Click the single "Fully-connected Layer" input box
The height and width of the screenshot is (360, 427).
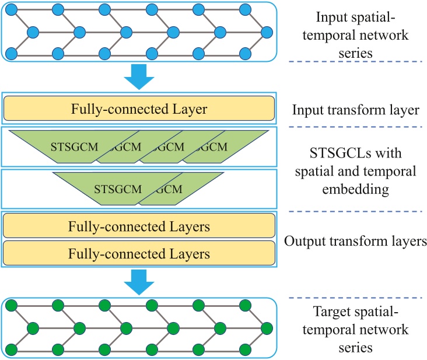[x=139, y=109]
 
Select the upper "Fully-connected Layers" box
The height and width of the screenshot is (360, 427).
[x=139, y=225]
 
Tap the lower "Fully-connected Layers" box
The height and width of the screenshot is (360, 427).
[x=139, y=254]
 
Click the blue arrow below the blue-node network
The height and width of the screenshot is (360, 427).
[x=139, y=77]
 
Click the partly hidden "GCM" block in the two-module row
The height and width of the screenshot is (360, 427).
[x=178, y=188]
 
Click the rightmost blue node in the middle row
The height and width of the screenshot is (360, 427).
[x=267, y=32]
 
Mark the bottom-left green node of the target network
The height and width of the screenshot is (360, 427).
[x=10, y=349]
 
